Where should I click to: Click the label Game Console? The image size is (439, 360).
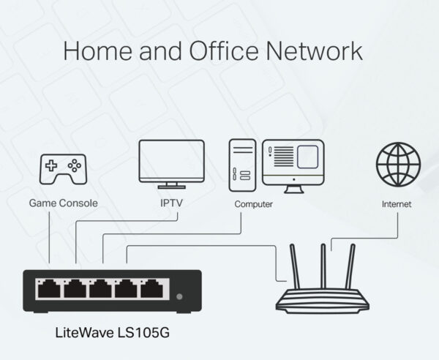point(63,202)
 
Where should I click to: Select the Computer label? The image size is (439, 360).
point(253,204)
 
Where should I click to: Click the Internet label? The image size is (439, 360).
point(397,204)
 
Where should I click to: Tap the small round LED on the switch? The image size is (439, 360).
point(179,296)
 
